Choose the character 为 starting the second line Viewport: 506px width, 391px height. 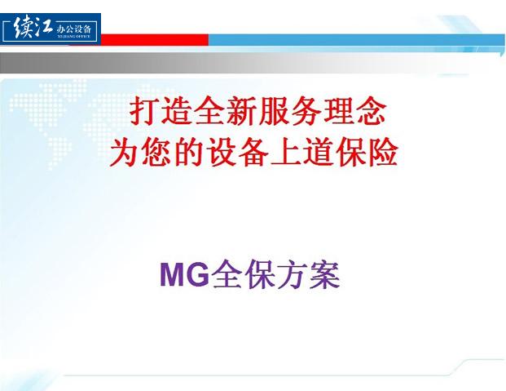coord(125,152)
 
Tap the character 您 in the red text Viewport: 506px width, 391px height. coord(156,152)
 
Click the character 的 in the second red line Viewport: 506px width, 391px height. coord(189,152)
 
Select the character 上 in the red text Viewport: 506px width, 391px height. coord(286,152)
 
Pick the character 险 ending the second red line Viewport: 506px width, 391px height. coord(383,152)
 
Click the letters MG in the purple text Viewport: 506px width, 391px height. coord(185,275)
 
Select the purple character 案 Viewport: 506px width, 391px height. coord(324,275)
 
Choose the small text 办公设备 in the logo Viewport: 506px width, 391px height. coord(74,29)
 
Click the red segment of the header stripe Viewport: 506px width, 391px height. coord(155,39)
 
